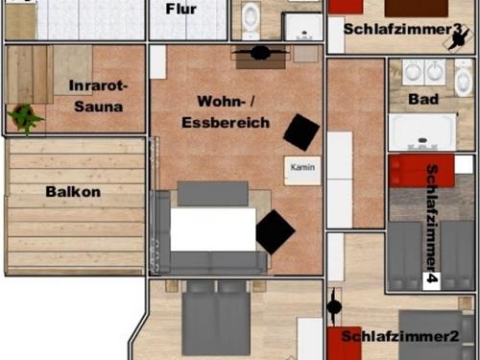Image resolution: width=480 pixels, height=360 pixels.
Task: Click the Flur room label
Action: click(181, 10)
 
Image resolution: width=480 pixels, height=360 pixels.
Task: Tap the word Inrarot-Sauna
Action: click(97, 96)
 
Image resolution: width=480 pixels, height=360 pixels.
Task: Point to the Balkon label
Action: click(73, 191)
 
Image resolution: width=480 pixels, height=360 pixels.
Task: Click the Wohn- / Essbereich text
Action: click(227, 111)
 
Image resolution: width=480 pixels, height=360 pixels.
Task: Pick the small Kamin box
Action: click(302, 167)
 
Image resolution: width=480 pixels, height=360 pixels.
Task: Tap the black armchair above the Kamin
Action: click(300, 132)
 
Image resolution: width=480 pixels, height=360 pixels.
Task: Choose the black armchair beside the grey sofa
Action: click(275, 231)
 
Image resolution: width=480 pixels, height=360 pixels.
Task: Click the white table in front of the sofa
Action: click(212, 229)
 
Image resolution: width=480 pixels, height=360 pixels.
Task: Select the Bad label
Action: click(423, 99)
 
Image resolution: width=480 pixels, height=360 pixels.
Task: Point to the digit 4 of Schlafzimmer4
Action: click(432, 279)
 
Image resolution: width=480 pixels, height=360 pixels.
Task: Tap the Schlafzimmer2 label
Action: click(399, 336)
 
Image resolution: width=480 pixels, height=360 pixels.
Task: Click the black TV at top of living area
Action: click(258, 53)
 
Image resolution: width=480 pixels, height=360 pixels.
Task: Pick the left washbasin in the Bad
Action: click(413, 71)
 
